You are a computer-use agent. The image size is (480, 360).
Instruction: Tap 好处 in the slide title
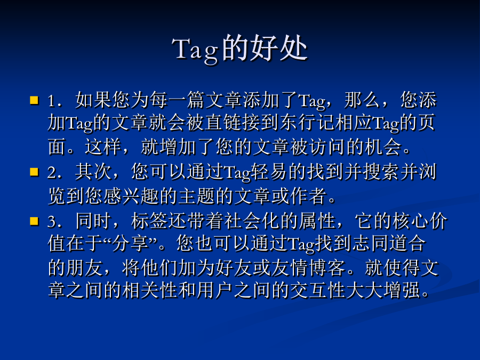coord(278,48)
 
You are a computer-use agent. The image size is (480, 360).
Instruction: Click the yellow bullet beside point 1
coord(34,100)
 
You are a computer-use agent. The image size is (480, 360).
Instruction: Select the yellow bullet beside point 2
coord(34,172)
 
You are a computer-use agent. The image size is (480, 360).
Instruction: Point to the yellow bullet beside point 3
coord(34,221)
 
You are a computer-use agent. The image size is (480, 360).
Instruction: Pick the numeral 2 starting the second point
coord(52,172)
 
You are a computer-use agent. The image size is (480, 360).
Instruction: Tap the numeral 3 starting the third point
coord(52,221)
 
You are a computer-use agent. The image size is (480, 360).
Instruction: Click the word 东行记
coord(307,123)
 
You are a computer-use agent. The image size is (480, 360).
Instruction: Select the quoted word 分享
coord(130,244)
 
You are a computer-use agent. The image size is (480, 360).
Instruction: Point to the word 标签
coord(149,221)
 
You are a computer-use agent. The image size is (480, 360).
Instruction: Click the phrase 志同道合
coord(389,244)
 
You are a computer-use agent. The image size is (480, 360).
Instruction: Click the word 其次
coord(93,172)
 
